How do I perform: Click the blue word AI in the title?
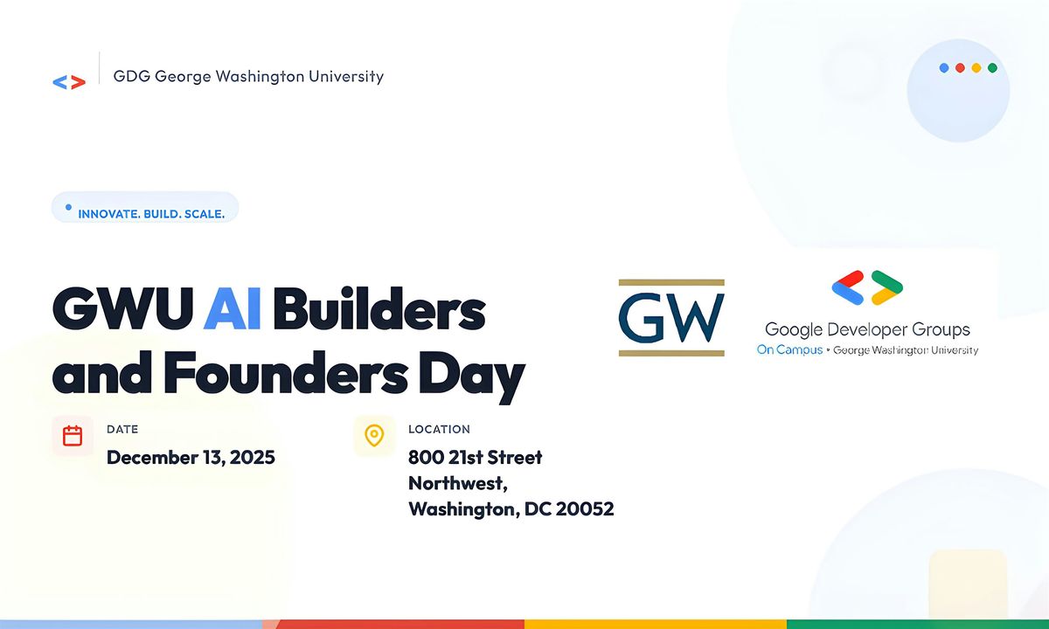[x=232, y=311]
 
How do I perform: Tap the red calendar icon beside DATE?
[x=73, y=436]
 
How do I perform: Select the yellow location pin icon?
[x=374, y=436]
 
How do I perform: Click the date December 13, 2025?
[x=191, y=457]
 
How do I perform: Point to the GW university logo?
[x=671, y=318]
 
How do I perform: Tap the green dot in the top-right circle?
[x=992, y=68]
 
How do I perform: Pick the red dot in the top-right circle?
[x=960, y=68]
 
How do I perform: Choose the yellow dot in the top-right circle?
[x=976, y=68]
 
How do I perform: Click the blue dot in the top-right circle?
[x=944, y=68]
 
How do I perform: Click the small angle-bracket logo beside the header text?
[x=69, y=82]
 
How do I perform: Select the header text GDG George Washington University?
[x=248, y=76]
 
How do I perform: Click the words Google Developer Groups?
[x=867, y=329]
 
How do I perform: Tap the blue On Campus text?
[x=789, y=349]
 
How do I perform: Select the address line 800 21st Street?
[x=475, y=457]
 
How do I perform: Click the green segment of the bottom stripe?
[x=918, y=624]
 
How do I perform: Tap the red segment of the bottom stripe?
[x=393, y=624]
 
